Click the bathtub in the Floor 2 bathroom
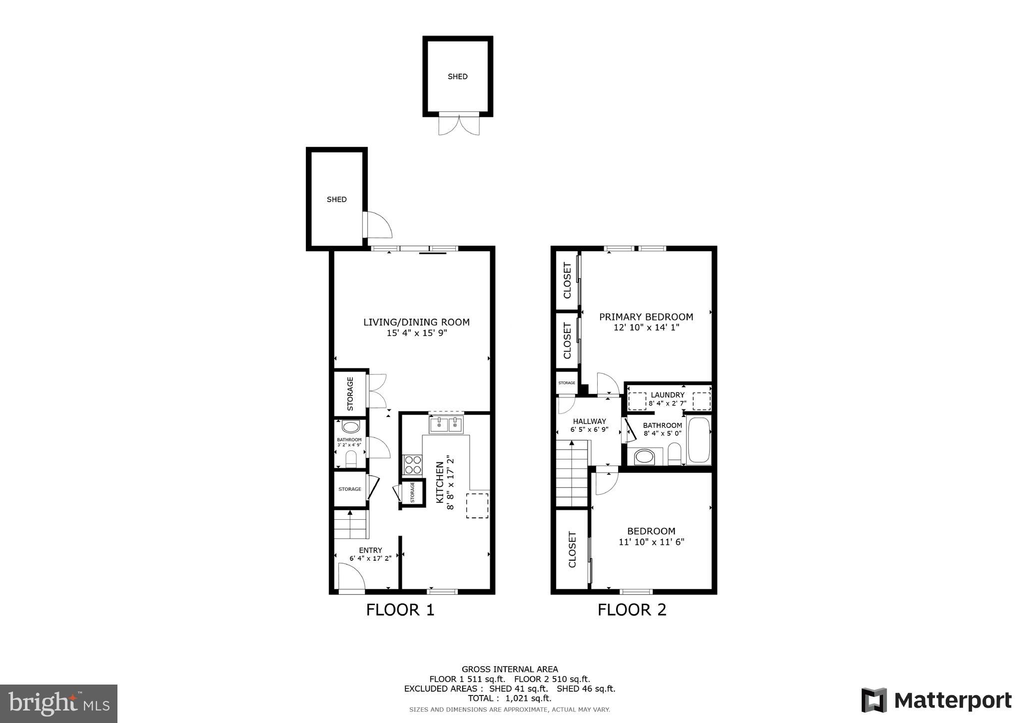699,440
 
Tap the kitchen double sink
446,425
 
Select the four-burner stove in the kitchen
413,464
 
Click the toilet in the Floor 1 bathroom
351,459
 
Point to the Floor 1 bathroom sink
351,427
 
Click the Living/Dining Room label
416,322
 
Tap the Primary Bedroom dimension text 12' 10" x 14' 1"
646,328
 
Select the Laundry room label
667,395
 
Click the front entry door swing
351,577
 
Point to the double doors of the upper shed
459,124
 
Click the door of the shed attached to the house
378,225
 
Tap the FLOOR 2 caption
632,610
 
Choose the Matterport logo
936,700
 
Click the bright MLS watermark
58,704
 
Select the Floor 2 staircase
572,474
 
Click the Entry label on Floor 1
370,550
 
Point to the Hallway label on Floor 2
589,421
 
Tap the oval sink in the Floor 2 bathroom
644,456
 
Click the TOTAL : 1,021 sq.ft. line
509,699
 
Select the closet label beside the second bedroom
573,549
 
